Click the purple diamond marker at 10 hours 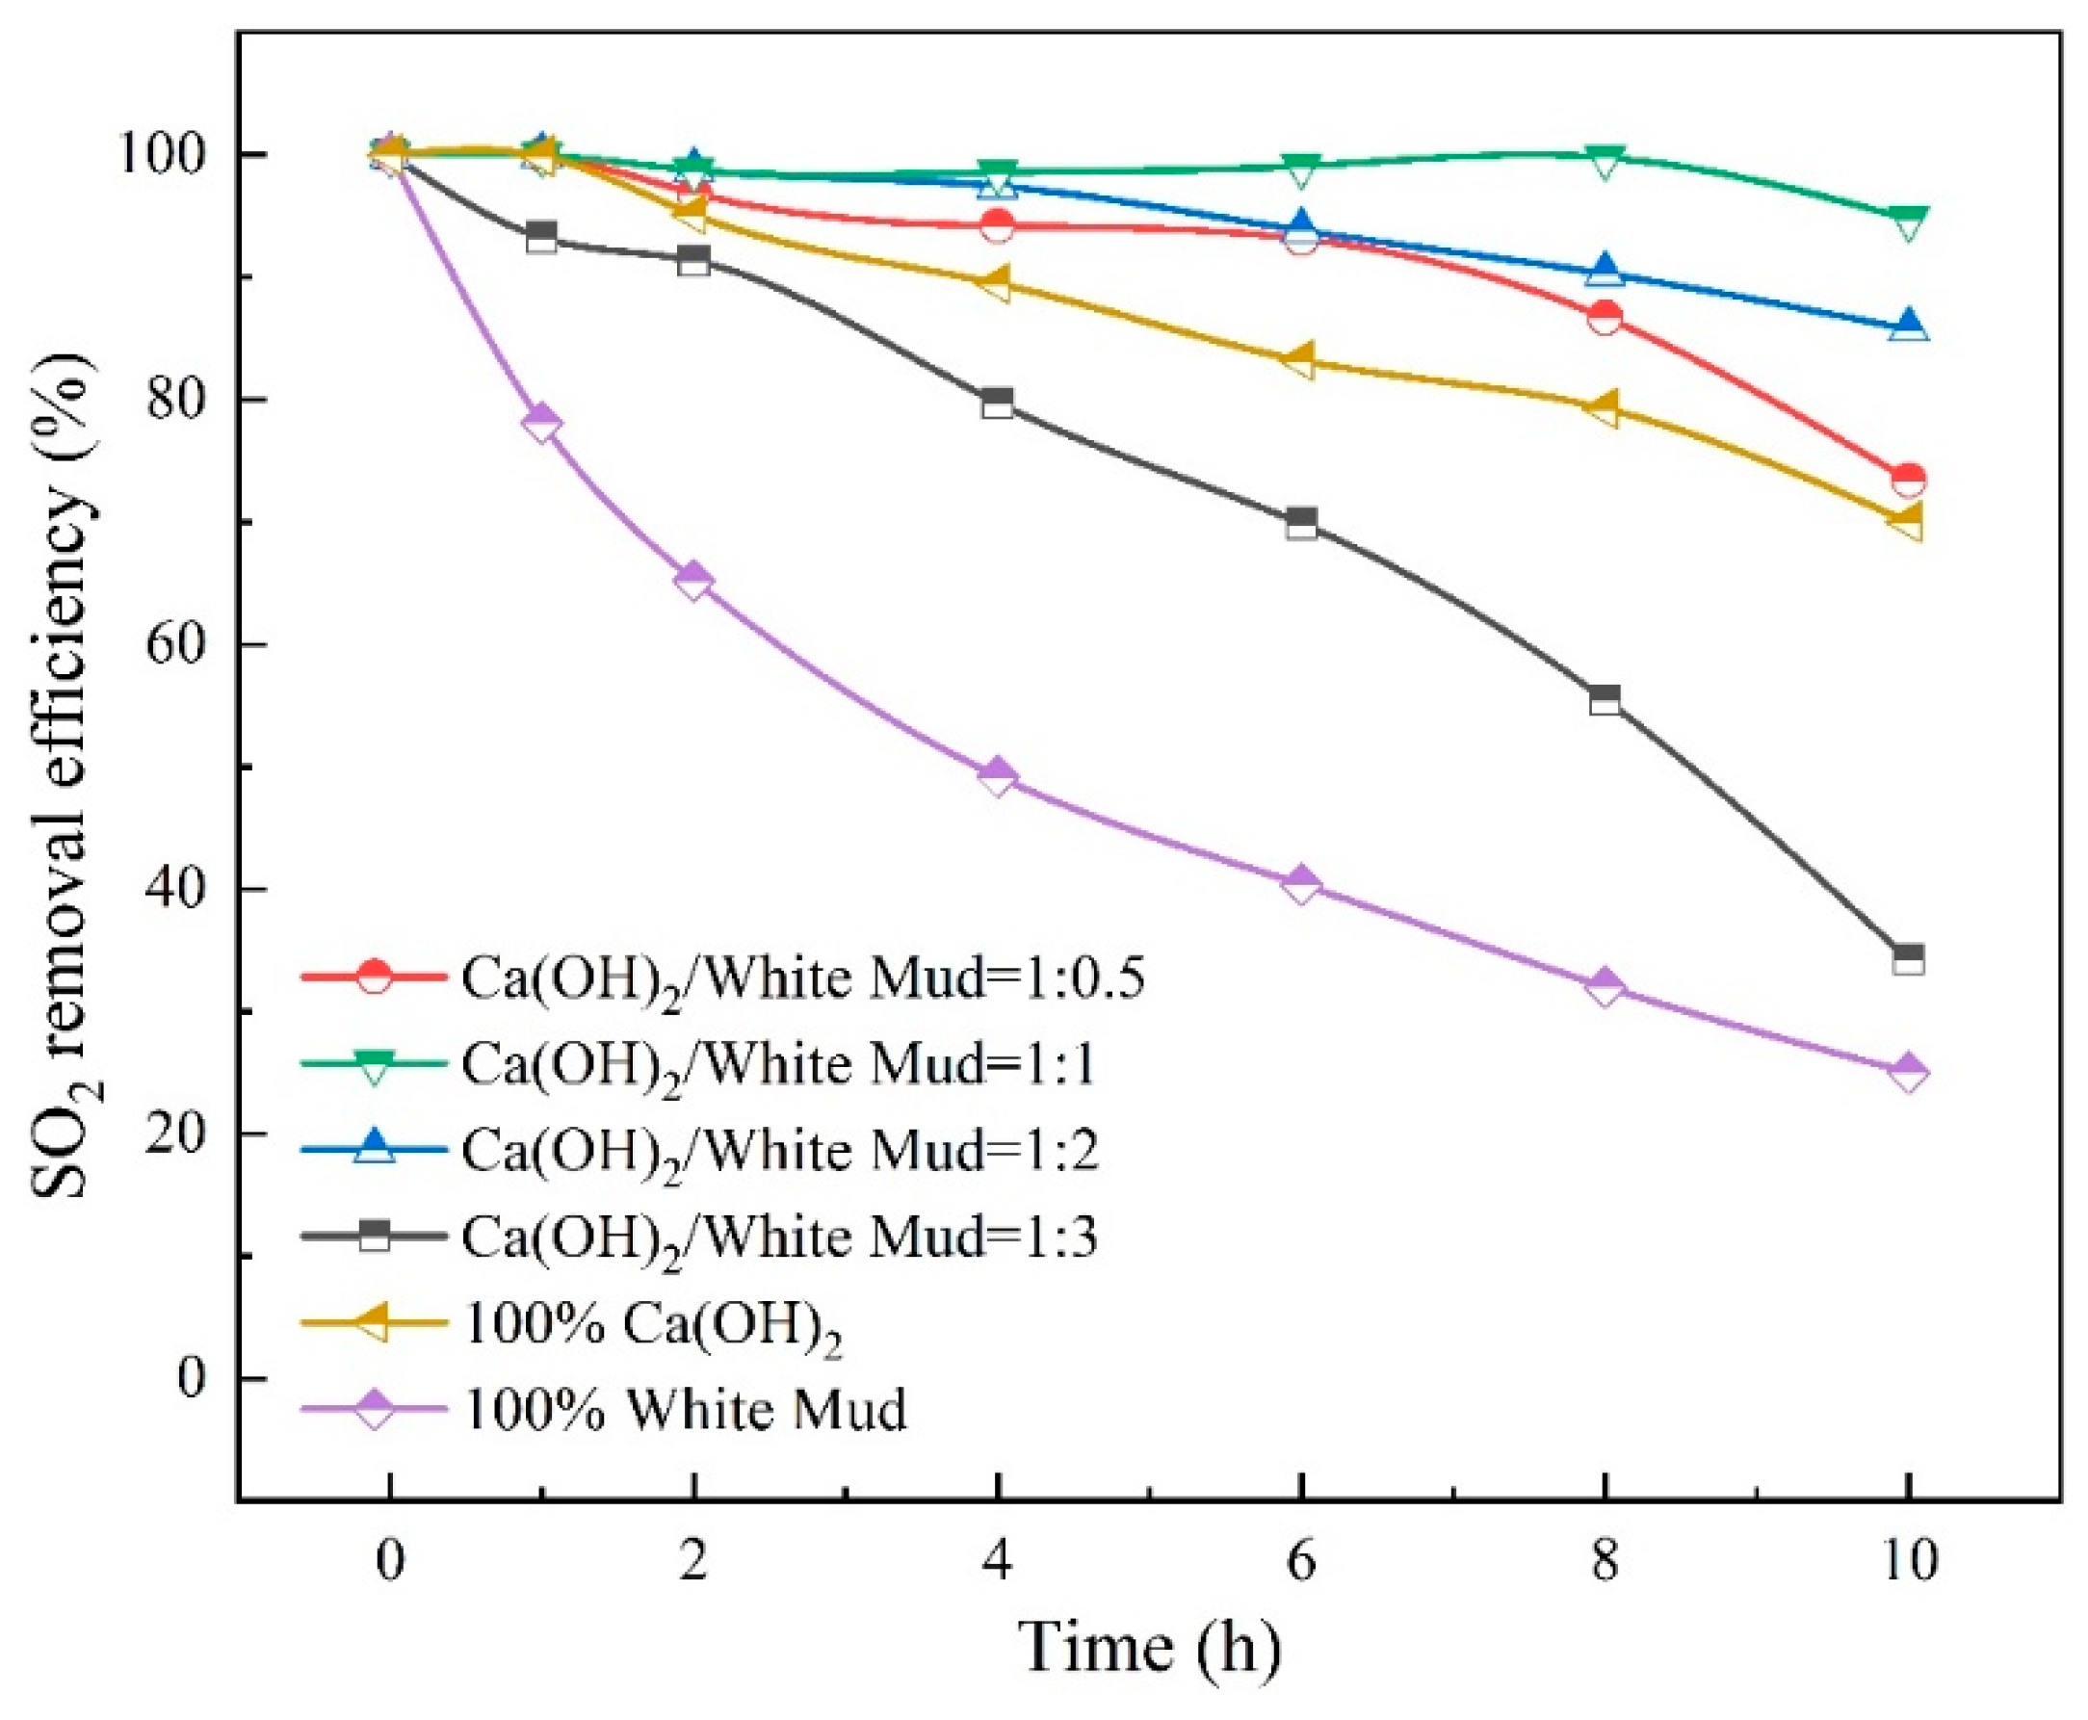click(1908, 1072)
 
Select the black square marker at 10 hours click(1908, 959)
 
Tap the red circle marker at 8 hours click(1605, 318)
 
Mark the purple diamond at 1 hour click(541, 423)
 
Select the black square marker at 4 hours click(997, 404)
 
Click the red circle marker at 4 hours click(997, 226)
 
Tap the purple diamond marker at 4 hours click(997, 776)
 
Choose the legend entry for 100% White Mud click(604, 1408)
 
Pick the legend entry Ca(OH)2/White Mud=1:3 click(698, 1237)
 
